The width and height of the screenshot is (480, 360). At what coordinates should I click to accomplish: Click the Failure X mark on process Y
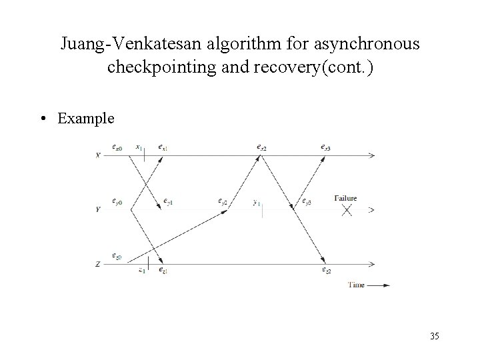(x=347, y=210)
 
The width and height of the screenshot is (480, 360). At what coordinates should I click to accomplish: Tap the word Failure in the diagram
(x=345, y=198)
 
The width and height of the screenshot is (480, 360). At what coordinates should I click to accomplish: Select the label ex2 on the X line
(x=262, y=147)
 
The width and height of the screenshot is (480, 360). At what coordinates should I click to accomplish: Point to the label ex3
(x=325, y=147)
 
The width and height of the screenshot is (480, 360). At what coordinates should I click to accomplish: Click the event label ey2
(x=223, y=201)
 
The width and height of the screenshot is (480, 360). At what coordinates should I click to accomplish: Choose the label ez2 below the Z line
(x=327, y=271)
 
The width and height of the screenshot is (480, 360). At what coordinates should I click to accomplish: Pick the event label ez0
(x=117, y=255)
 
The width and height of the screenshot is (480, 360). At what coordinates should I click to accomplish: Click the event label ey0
(x=117, y=201)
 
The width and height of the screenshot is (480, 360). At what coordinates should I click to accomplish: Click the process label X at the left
(x=98, y=155)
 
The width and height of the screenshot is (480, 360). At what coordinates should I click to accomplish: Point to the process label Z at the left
(x=98, y=265)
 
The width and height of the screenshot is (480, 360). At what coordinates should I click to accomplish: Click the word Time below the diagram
(x=356, y=285)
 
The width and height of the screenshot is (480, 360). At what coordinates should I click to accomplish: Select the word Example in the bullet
(x=86, y=119)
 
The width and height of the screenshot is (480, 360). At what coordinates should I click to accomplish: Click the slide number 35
(x=434, y=336)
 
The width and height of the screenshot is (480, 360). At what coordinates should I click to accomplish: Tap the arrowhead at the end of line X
(x=371, y=155)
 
